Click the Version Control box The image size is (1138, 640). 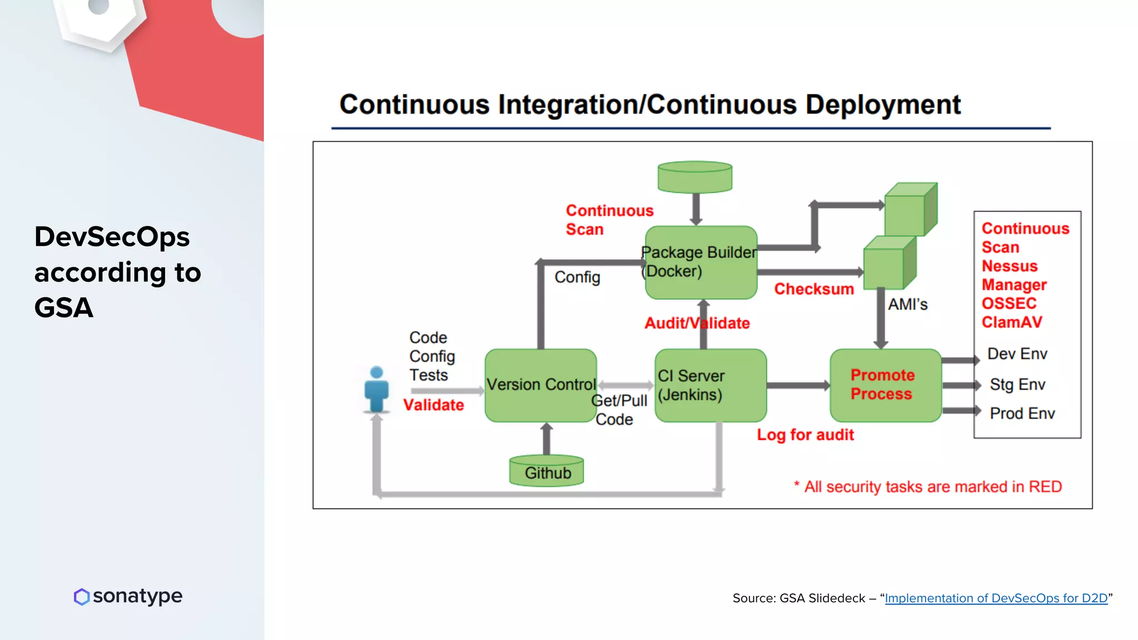[540, 385]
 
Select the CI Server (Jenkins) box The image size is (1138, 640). [710, 385]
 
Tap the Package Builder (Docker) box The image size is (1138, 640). [701, 262]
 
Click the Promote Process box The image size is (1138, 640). [885, 385]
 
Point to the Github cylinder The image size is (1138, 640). [547, 472]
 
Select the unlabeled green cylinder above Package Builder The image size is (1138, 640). [695, 177]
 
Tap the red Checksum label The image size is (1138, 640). [813, 289]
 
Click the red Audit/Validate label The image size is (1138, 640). [697, 323]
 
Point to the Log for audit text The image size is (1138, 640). [805, 434]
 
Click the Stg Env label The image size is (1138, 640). [1017, 384]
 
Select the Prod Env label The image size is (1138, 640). [1022, 413]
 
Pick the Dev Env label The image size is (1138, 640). [1017, 354]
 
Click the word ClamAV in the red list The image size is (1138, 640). [1011, 322]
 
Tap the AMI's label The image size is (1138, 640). [907, 304]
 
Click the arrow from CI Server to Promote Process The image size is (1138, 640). [798, 385]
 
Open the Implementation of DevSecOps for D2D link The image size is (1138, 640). [996, 598]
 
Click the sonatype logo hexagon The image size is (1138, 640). [82, 597]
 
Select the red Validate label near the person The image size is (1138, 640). [433, 405]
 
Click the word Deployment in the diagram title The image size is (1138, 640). [883, 105]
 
